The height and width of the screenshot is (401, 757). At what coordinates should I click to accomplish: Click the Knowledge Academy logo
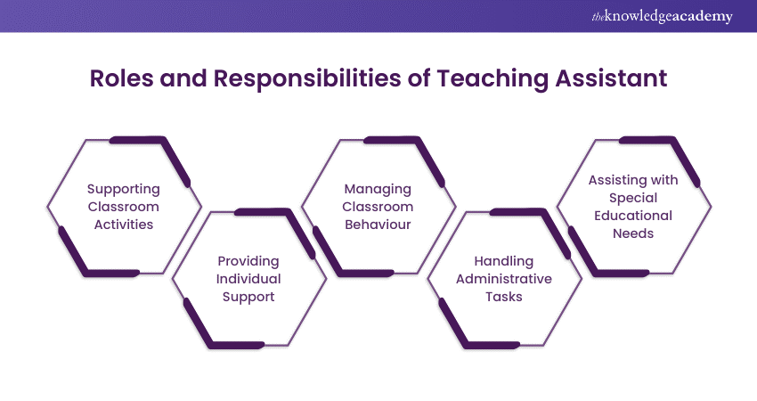click(x=662, y=16)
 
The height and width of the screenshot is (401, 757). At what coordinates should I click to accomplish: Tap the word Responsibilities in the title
click(x=307, y=78)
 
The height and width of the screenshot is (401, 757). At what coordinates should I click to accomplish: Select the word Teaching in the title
click(x=492, y=79)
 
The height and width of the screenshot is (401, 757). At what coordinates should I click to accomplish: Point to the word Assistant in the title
click(x=611, y=78)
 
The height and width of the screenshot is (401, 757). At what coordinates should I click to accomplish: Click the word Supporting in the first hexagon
click(x=124, y=190)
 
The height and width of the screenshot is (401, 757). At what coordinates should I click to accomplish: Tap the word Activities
click(x=124, y=225)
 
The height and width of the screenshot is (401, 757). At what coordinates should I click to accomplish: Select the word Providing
click(x=248, y=261)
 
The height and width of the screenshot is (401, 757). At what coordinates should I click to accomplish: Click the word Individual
click(x=248, y=279)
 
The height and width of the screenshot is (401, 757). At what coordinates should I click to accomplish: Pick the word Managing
click(x=378, y=190)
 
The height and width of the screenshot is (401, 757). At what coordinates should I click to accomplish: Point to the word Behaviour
click(x=378, y=225)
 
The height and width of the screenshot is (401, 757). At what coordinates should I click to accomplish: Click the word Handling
click(x=503, y=261)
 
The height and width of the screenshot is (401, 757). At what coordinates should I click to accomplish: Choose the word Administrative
click(x=503, y=279)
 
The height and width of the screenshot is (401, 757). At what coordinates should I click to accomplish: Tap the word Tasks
click(x=503, y=296)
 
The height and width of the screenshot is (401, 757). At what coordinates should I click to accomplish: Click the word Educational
click(x=633, y=216)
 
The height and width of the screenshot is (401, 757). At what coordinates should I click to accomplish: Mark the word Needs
click(x=633, y=233)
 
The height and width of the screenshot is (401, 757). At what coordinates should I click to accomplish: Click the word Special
click(x=633, y=198)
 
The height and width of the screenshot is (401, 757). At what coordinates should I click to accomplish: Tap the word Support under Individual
click(x=248, y=297)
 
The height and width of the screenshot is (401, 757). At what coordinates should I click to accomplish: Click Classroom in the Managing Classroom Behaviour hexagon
click(x=378, y=207)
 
